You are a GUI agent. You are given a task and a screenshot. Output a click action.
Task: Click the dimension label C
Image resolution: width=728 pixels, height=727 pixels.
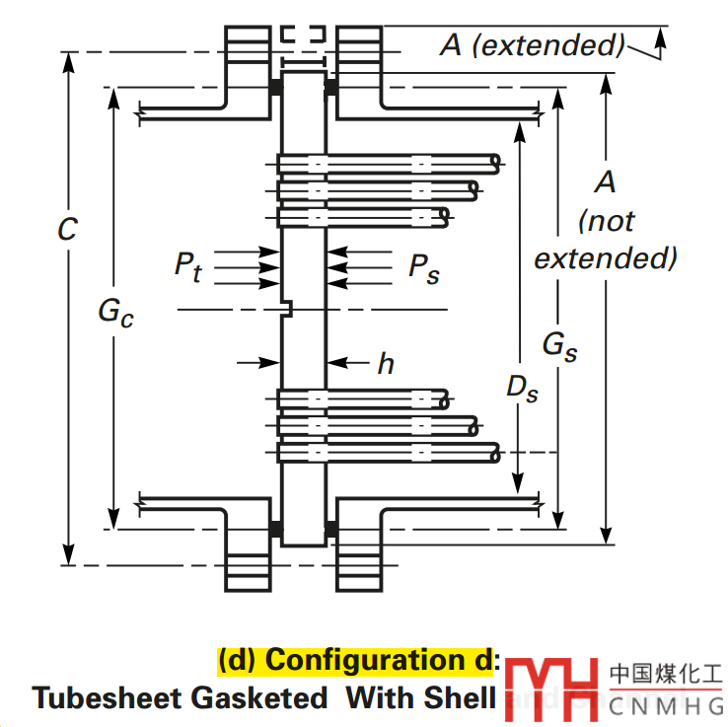coord(66,229)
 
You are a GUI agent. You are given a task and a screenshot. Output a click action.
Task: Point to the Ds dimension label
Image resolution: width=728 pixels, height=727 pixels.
coord(522,389)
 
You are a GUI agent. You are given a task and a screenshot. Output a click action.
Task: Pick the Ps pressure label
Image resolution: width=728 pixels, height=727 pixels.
coord(424,267)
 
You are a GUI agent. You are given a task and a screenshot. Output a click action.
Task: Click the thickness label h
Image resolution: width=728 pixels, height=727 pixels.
coord(386,363)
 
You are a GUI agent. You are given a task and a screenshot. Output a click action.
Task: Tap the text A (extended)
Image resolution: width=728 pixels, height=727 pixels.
coord(533,44)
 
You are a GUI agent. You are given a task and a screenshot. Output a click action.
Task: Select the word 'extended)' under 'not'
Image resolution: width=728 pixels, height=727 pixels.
coord(606,258)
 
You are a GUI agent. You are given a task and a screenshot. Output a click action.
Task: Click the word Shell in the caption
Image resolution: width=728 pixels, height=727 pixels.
coord(459,697)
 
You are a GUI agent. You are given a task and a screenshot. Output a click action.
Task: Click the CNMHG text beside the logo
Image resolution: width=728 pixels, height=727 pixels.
coord(666,706)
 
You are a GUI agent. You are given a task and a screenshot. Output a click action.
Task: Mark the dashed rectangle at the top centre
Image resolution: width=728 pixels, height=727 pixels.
coord(303,35)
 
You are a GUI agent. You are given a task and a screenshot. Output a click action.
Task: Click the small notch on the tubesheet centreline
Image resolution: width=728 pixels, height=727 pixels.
coord(287,310)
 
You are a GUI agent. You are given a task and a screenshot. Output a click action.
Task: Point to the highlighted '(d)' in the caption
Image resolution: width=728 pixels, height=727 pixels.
coord(238,659)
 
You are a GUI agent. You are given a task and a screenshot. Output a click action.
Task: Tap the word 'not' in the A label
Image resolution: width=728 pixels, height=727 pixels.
coord(607,221)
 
